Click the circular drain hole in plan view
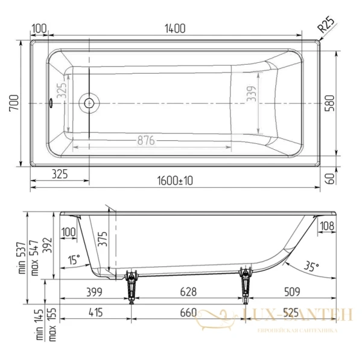pyautogui.click(x=89, y=103)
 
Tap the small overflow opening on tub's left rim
pyautogui.click(x=51, y=103)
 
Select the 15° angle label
pyautogui.click(x=74, y=260)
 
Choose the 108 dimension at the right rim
pyautogui.click(x=326, y=227)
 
